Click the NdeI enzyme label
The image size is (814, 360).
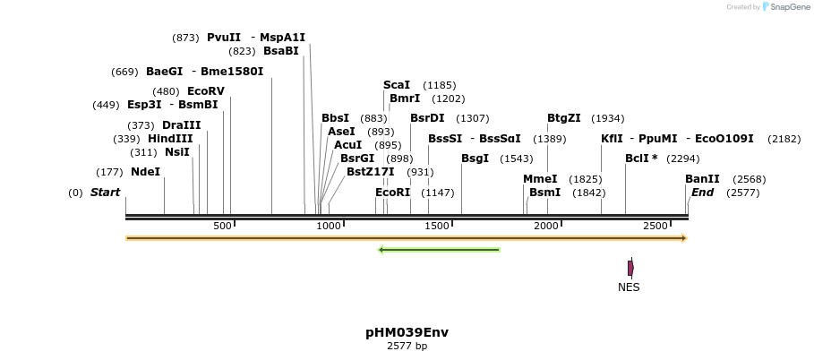(x=145, y=172)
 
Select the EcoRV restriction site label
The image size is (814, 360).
(x=205, y=91)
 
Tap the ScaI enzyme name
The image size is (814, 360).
(x=397, y=85)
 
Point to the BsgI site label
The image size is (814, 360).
(x=475, y=159)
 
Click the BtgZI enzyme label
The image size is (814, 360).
(x=564, y=118)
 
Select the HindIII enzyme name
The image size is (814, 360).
(x=170, y=139)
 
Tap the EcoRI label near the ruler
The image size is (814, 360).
(x=392, y=193)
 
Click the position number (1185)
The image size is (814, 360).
(x=440, y=85)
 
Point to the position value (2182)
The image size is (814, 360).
(x=784, y=139)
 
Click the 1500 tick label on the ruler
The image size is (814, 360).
(x=437, y=226)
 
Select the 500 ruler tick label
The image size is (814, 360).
(x=223, y=226)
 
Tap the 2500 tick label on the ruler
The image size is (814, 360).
(x=655, y=226)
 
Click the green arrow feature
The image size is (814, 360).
(x=439, y=250)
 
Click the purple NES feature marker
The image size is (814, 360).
(x=630, y=268)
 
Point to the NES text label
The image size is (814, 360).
(x=629, y=287)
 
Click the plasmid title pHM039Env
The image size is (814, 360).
(x=407, y=332)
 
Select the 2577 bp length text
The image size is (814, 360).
(x=407, y=346)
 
